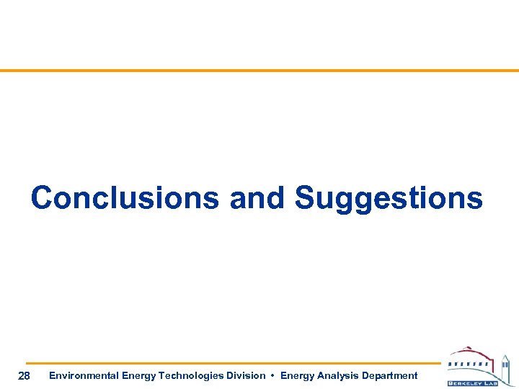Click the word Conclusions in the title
125,198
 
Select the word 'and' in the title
257,198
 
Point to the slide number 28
24,375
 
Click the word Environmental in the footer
84,375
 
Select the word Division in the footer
243,375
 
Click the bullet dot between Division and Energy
273,375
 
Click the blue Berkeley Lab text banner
472,383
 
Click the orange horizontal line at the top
259,71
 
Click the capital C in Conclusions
43,198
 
